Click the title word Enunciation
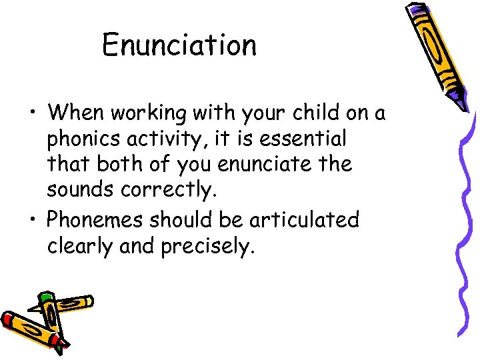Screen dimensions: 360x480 [x=179, y=46]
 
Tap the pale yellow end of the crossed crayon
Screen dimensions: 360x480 [x=89, y=301]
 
